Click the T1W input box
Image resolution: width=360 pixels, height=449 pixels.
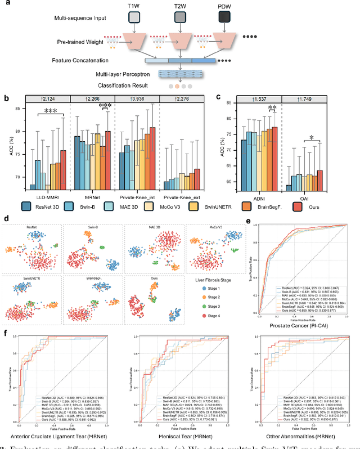click(x=133, y=18)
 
